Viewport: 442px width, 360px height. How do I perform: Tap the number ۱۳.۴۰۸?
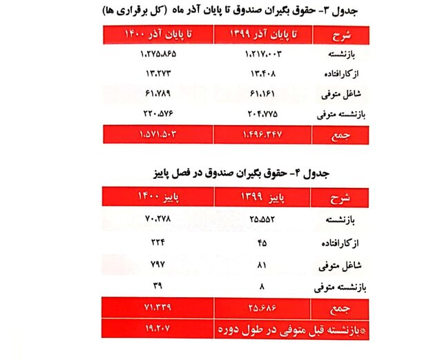pos(260,73)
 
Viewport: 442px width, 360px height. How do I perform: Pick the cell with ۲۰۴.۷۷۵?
pos(260,113)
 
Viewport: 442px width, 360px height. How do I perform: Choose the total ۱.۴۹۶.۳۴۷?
pos(260,133)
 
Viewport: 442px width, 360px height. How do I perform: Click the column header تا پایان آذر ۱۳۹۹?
pos(260,34)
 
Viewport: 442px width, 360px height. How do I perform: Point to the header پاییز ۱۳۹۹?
pos(260,198)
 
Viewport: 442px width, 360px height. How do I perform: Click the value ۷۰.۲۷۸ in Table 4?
pos(158,220)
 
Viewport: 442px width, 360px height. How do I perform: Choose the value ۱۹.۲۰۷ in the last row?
pos(158,329)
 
